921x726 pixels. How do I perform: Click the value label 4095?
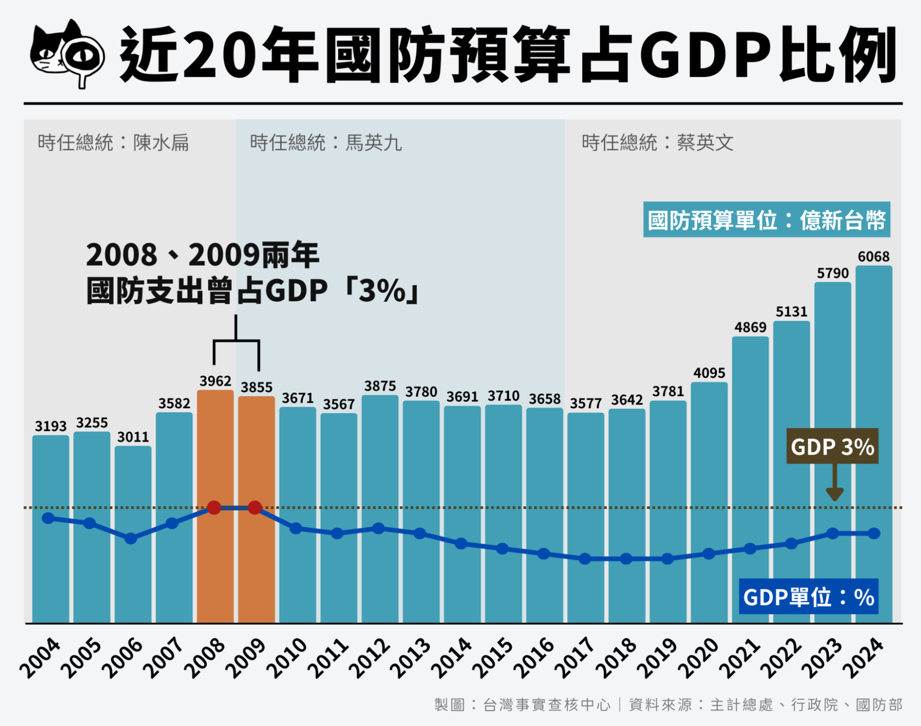coord(709,373)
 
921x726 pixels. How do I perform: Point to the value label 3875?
coord(380,386)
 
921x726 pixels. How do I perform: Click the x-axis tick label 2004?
coord(40,658)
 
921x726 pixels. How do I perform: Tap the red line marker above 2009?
coord(255,508)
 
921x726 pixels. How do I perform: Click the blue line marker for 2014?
coord(461,544)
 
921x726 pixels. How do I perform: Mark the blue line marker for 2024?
coord(874,533)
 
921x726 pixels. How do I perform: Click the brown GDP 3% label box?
coord(832,446)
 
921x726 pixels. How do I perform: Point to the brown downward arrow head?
coord(834,495)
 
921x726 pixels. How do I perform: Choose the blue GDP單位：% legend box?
coord(809,597)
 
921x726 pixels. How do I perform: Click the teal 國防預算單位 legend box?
coord(766,220)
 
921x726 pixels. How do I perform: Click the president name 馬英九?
coord(374,143)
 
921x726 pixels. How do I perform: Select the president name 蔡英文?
coord(705,143)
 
